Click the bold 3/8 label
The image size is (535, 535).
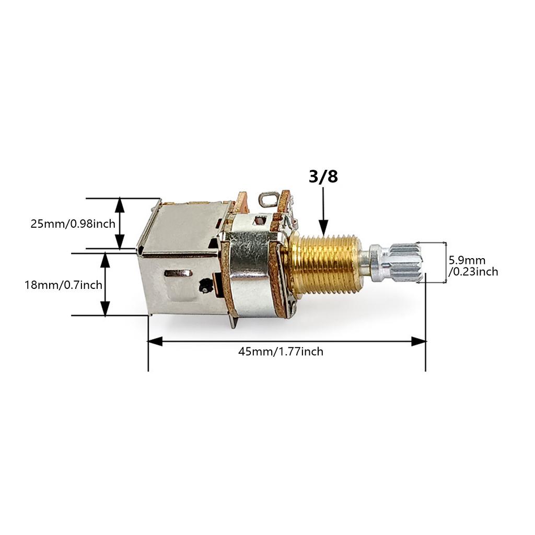(323, 177)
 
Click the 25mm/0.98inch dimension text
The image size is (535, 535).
(73, 224)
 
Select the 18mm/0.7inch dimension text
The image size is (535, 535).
(63, 285)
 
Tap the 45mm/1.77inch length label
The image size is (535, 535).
(281, 352)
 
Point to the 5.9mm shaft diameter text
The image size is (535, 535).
(467, 260)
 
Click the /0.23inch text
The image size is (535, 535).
(473, 272)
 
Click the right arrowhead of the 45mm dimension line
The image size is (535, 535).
(418, 341)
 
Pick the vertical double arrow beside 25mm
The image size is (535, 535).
(120, 223)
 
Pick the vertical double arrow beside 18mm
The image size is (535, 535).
(106, 284)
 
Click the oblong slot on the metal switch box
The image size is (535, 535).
(178, 273)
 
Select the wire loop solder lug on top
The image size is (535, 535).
(267, 199)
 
